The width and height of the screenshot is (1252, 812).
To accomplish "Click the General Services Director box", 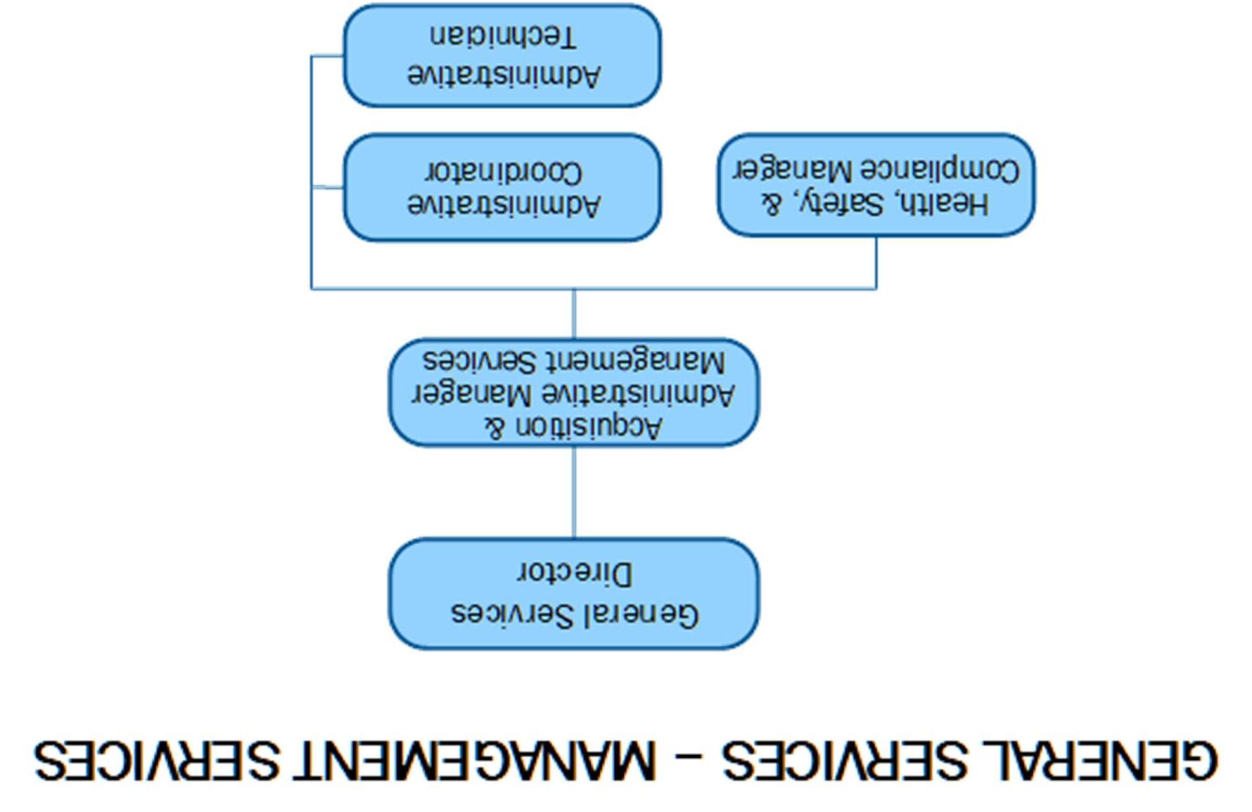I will pyautogui.click(x=574, y=593).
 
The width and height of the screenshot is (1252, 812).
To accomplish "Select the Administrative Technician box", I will pyautogui.click(x=502, y=56).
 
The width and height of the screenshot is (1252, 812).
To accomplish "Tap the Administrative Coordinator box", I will pyautogui.click(x=502, y=187).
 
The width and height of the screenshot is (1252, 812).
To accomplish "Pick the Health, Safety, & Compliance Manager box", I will pyautogui.click(x=876, y=185).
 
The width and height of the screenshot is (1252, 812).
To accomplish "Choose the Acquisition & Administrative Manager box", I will pyautogui.click(x=574, y=393).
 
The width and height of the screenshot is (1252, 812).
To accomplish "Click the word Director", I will pyautogui.click(x=575, y=573).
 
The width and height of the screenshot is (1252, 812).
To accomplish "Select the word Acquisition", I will pyautogui.click(x=589, y=426).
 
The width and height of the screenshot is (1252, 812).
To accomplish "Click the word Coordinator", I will pyautogui.click(x=504, y=172).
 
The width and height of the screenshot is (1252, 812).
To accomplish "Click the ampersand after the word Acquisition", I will pyautogui.click(x=495, y=426).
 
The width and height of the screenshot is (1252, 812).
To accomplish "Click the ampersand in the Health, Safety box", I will pyautogui.click(x=772, y=204).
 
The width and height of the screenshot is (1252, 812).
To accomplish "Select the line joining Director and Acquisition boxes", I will pyautogui.click(x=574, y=492).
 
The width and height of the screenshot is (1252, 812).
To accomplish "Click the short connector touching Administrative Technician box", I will pyautogui.click(x=327, y=56).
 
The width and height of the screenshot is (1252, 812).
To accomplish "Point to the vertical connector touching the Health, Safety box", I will pyautogui.click(x=876, y=262).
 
